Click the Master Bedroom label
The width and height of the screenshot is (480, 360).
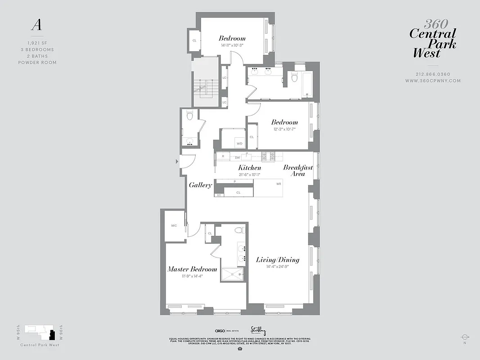192,269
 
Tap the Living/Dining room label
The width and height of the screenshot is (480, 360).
278,260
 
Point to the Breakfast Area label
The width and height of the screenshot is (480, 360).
298,171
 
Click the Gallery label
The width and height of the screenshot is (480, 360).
200,185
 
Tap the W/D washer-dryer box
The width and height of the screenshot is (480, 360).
239,144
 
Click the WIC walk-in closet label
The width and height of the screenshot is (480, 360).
174,226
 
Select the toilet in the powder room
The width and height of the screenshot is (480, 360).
190,116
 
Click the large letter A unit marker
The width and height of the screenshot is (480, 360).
36,25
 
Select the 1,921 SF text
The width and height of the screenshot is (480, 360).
37,43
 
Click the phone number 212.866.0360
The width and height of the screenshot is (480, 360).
433,74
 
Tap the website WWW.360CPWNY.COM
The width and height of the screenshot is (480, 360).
433,81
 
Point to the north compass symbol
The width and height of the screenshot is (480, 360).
465,337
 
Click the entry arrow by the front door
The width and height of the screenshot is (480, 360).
176,161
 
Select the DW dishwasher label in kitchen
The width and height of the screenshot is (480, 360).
237,157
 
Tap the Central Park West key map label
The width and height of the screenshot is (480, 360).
40,345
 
